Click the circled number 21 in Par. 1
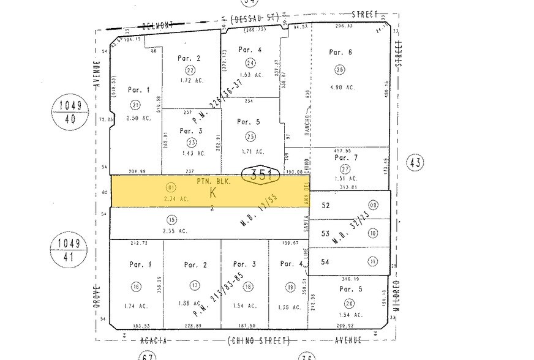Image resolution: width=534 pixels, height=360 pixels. pos(135,105)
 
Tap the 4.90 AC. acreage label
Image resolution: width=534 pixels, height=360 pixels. pos(341,87)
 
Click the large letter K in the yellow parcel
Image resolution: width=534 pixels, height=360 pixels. pos(212,192)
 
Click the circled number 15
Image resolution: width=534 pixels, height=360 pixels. pos(172,219)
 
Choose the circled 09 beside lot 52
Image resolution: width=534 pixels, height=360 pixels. pos(373,205)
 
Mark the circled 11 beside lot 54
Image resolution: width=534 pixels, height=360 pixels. pos(372,261)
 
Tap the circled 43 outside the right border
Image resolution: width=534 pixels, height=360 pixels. pos(416,162)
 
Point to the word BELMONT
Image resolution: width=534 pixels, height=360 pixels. pos(156,26)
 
